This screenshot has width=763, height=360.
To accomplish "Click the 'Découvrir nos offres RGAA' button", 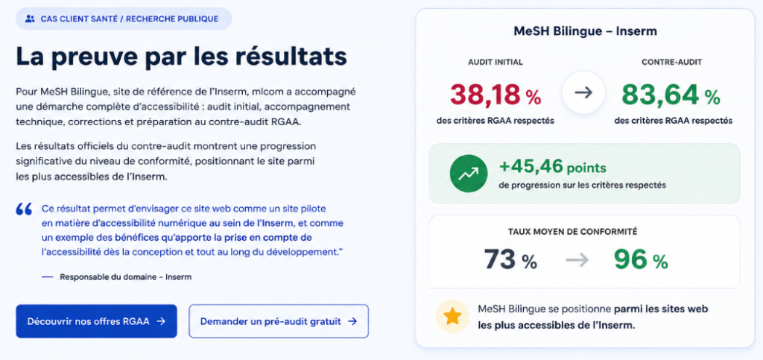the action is click(x=96, y=321).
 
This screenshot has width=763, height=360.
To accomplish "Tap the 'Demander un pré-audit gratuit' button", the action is click(x=279, y=321).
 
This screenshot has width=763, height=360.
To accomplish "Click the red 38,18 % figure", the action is click(x=496, y=95).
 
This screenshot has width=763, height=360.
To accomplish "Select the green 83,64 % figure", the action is click(x=671, y=95).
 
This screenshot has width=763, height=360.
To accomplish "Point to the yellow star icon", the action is click(x=452, y=317).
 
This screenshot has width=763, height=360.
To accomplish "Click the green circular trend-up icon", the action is click(x=468, y=173).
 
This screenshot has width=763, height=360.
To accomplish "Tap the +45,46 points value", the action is click(x=553, y=168).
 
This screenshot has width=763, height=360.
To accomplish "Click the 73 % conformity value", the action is click(x=510, y=260).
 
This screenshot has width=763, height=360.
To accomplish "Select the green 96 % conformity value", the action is click(x=640, y=260).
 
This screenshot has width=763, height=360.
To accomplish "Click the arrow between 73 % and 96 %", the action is click(x=577, y=260).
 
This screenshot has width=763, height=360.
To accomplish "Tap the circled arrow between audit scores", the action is click(x=583, y=93).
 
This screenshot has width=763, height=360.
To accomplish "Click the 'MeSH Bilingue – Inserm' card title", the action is click(x=586, y=31).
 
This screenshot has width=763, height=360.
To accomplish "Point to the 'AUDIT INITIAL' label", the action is click(x=496, y=63).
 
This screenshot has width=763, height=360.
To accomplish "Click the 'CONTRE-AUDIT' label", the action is click(x=671, y=63).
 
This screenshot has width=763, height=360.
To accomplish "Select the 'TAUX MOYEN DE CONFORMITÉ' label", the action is click(x=573, y=232).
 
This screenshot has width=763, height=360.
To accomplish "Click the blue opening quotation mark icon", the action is click(x=24, y=209).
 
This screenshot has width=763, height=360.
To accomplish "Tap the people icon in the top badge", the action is click(x=30, y=19).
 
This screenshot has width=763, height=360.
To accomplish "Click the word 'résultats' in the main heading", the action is click(x=291, y=57).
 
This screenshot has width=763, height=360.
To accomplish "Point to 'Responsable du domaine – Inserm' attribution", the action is click(x=125, y=277).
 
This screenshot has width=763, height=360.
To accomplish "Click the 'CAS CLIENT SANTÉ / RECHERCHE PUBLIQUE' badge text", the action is click(x=130, y=19).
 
